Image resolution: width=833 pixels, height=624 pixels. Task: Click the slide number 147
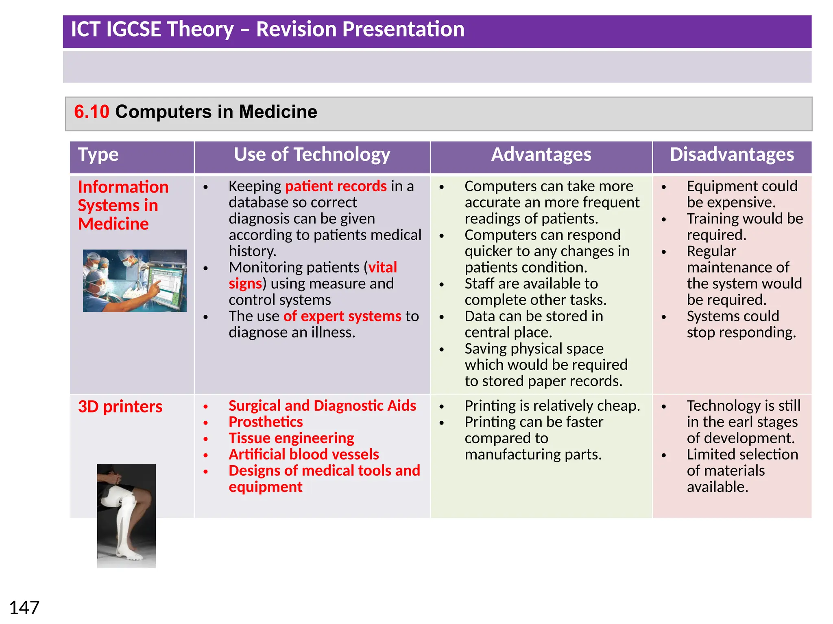click(24, 608)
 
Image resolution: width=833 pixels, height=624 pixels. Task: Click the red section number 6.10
click(92, 112)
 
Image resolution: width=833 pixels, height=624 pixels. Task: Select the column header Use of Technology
click(312, 155)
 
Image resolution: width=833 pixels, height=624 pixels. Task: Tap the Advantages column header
click(541, 155)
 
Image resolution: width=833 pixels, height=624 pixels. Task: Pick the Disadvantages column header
click(732, 155)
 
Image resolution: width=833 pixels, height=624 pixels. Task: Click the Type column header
click(98, 155)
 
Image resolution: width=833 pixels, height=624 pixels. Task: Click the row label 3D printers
click(120, 407)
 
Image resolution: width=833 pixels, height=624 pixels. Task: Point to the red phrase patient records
click(336, 186)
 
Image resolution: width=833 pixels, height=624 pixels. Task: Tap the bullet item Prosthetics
click(266, 422)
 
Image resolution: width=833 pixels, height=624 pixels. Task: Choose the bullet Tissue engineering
click(291, 438)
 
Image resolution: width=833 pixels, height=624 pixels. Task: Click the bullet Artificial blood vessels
click(303, 454)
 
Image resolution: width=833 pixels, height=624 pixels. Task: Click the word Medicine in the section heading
click(278, 112)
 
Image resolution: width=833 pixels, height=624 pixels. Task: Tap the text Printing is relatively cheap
click(552, 405)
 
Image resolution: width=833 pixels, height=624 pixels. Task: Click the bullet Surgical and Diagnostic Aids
click(322, 405)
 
